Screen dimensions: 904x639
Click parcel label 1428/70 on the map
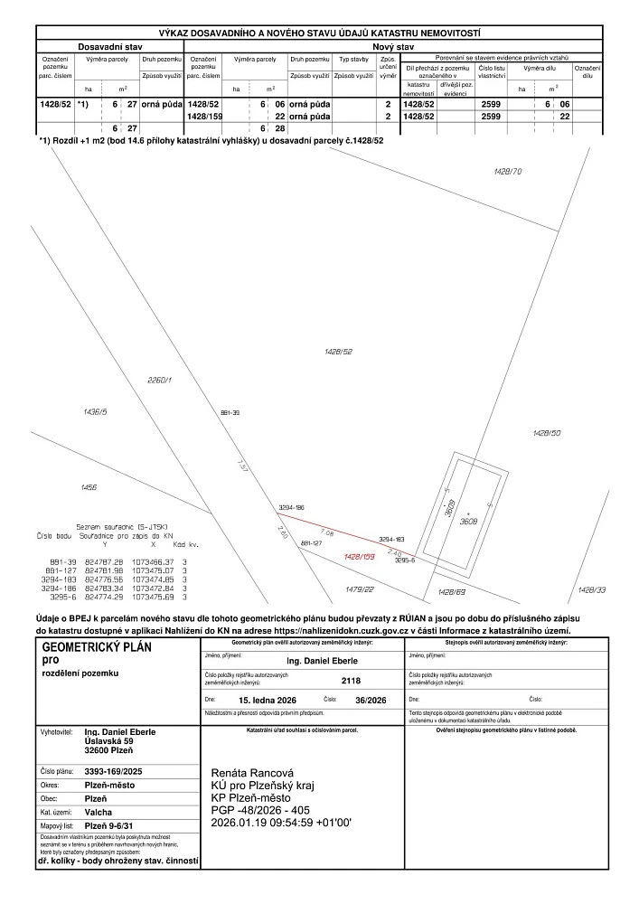pyautogui.click(x=508, y=171)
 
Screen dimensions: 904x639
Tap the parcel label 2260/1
pyautogui.click(x=158, y=381)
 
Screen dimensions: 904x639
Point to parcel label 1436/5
pyautogui.click(x=95, y=411)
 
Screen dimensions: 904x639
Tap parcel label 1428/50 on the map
pyautogui.click(x=547, y=434)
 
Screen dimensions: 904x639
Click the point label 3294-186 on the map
pyautogui.click(x=291, y=510)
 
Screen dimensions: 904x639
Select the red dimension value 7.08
pyautogui.click(x=327, y=533)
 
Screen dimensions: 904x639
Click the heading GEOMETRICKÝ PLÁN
pyautogui.click(x=98, y=647)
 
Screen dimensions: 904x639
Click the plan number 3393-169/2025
pyautogui.click(x=113, y=771)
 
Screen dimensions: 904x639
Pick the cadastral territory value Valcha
pyautogui.click(x=97, y=813)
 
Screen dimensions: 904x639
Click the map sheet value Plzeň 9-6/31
pyautogui.click(x=108, y=826)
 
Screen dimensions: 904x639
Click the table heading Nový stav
pyautogui.click(x=393, y=45)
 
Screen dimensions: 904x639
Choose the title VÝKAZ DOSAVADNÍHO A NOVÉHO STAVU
pyautogui.click(x=319, y=32)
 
